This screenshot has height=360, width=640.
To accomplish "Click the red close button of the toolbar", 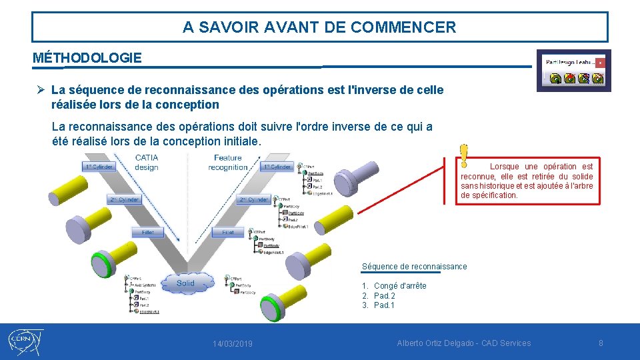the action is tap(600, 62).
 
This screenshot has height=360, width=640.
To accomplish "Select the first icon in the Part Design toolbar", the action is tap(555, 78).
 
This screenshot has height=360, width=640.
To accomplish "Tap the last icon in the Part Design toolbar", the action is tap(597, 78).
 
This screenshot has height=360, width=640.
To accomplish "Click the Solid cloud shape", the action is tap(186, 283).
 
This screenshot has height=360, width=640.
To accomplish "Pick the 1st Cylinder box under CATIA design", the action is tap(98, 167).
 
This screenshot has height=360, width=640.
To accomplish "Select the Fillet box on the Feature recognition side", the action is tap(228, 233).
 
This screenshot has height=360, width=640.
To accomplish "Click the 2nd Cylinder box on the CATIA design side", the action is tap(125, 199).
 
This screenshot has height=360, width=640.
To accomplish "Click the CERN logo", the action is tap(25, 342).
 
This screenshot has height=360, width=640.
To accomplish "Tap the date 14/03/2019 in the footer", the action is tap(233, 344).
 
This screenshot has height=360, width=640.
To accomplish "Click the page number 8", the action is tap(601, 343).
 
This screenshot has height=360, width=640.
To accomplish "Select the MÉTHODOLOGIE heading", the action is tap(87, 58).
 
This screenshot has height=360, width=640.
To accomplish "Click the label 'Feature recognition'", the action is tap(227, 163).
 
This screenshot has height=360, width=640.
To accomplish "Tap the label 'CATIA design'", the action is tap(146, 163).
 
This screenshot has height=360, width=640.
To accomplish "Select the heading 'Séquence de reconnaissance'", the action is tap(414, 267).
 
